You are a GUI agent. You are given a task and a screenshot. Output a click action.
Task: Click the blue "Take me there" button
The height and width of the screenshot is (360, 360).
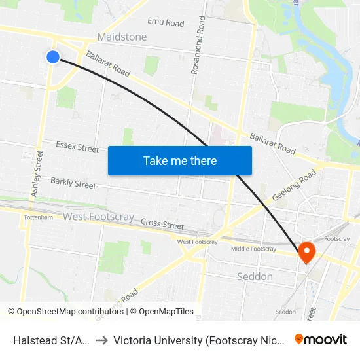tap(180, 160)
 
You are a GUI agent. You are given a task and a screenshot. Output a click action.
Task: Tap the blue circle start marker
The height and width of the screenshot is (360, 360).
tap(53, 57)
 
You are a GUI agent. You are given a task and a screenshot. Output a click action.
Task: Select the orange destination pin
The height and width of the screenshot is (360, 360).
tap(306, 251)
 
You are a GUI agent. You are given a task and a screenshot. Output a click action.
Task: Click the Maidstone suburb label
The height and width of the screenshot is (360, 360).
tap(122, 37)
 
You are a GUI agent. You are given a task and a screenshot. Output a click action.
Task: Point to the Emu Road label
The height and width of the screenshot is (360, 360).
tap(166, 23)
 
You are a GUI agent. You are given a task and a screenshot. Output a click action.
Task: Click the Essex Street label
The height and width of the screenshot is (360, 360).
tap(77, 147)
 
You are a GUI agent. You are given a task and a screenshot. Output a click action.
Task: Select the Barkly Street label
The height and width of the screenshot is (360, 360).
tap(73, 183)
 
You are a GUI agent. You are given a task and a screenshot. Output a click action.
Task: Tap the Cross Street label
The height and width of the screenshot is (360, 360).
tap(162, 224)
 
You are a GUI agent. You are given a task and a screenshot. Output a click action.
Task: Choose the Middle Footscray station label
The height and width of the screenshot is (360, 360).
tap(254, 249)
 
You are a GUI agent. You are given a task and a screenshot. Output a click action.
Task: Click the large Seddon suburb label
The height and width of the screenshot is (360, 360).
tap(254, 276)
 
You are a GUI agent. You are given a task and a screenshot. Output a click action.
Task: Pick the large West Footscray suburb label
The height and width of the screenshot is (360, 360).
tap(98, 217)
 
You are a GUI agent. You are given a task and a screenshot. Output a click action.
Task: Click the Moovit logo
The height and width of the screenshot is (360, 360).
tap(320, 339)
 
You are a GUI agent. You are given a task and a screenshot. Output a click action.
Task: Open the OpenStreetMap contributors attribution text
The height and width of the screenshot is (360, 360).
tap(65, 312)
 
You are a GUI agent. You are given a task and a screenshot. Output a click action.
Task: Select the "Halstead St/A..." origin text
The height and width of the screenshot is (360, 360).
tap(50, 340)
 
